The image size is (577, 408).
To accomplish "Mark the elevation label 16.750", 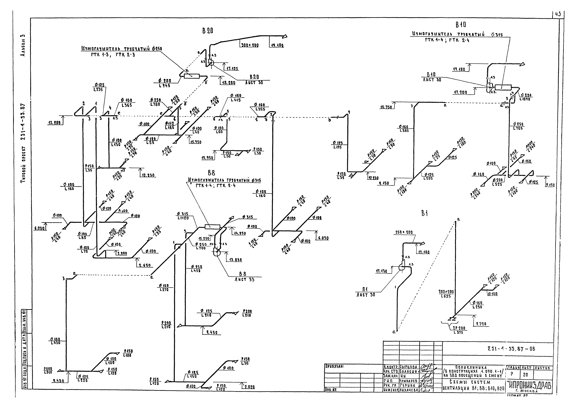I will point(386,107).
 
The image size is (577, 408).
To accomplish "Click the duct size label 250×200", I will point(404,233).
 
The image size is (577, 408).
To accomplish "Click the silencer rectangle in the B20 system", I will point(191,76).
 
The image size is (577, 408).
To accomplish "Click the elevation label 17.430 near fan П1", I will point(381,271).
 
